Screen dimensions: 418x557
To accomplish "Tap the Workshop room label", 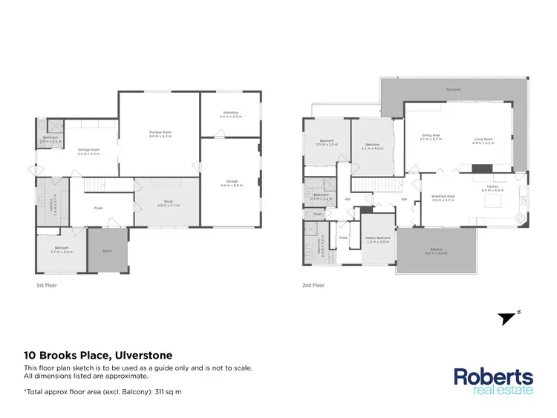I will pyautogui.click(x=230, y=114).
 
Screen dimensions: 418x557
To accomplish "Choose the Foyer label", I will pyautogui.click(x=98, y=208).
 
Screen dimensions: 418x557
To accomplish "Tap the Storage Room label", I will pyautogui.click(x=88, y=149).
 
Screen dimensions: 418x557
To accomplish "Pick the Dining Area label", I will pyautogui.click(x=431, y=135).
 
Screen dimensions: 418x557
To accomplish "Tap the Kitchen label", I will pyautogui.click(x=492, y=186).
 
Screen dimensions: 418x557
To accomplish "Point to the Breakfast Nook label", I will pyautogui.click(x=443, y=197).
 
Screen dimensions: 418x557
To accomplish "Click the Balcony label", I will pyautogui.click(x=436, y=249).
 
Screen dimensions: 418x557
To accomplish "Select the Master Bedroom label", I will pyautogui.click(x=377, y=238).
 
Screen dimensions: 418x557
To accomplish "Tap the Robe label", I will pyautogui.click(x=343, y=238).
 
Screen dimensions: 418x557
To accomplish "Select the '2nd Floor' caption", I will pyautogui.click(x=313, y=285).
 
